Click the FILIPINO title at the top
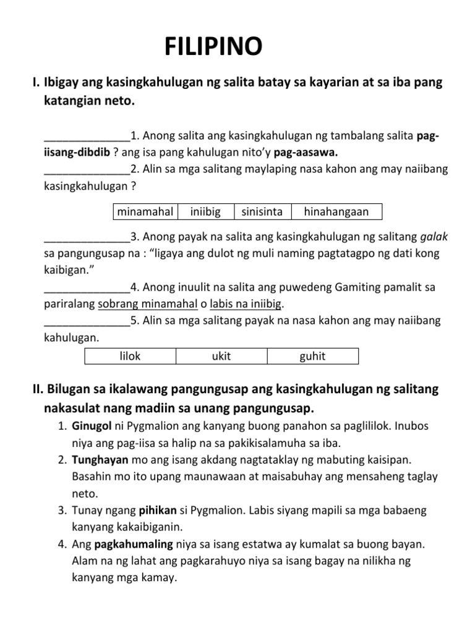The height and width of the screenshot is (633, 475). click(x=213, y=47)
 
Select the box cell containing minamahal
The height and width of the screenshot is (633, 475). click(x=145, y=212)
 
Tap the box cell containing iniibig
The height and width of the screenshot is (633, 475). click(x=206, y=212)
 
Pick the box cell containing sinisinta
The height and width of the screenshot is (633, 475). click(x=262, y=212)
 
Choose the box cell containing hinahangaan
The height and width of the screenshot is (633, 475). click(x=336, y=212)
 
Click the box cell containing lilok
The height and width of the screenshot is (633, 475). click(x=130, y=356)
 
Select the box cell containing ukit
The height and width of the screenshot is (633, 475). click(x=221, y=356)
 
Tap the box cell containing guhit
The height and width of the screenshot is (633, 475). click(x=312, y=356)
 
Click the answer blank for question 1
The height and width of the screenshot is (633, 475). click(x=87, y=135)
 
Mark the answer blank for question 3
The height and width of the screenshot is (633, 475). click(x=87, y=237)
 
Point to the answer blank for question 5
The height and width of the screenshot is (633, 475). click(x=87, y=321)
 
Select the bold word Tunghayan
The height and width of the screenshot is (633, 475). click(x=100, y=461)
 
